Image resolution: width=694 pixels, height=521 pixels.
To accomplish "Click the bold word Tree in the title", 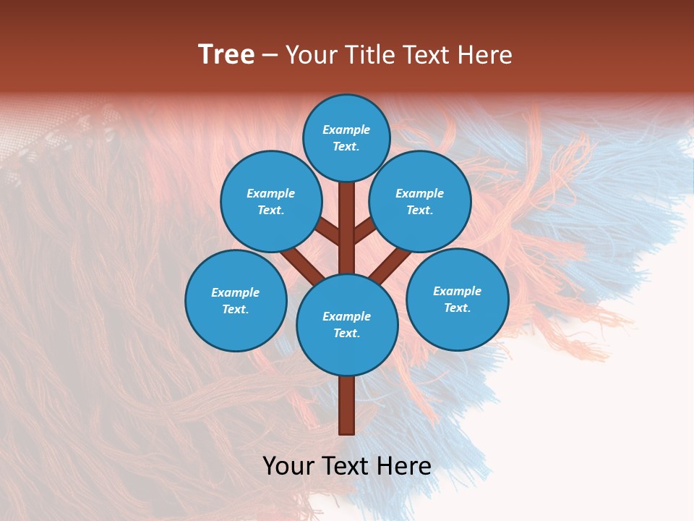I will [226, 55].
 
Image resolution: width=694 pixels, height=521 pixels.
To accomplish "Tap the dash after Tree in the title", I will [270, 56].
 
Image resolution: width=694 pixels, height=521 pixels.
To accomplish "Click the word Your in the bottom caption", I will [289, 465].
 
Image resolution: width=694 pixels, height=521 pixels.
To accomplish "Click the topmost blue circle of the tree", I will [346, 137].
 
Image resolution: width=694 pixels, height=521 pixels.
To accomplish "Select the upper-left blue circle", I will [271, 201].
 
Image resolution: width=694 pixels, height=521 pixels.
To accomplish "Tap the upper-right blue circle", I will [420, 201].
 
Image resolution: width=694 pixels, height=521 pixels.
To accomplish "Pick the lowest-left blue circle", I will [236, 300].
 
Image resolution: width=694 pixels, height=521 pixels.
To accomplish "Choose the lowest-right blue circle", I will [458, 299].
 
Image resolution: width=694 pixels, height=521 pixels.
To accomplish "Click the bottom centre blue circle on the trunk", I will [347, 324].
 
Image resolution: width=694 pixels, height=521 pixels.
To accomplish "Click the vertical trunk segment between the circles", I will [347, 228].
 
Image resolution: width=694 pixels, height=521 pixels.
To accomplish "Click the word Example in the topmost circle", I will [346, 130].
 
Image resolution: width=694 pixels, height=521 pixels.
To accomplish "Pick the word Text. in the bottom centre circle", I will [346, 333].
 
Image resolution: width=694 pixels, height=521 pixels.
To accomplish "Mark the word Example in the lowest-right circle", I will [457, 291].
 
